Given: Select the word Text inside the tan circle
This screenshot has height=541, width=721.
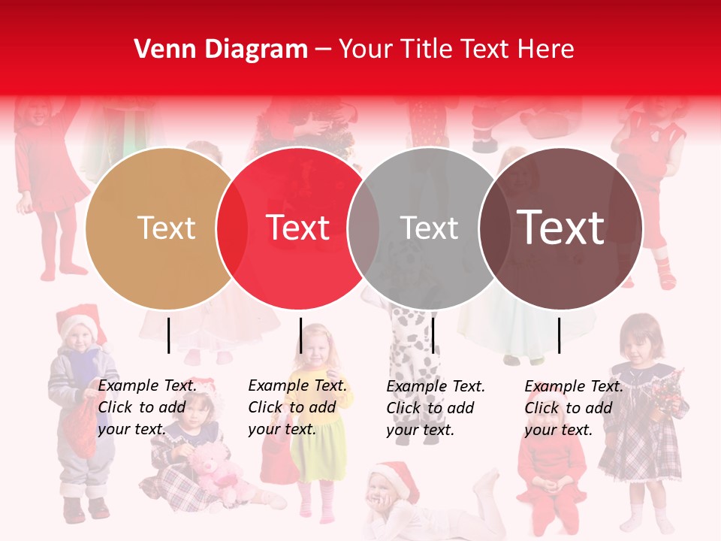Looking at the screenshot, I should (x=166, y=228).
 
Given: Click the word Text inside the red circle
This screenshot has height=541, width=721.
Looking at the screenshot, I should (x=298, y=228).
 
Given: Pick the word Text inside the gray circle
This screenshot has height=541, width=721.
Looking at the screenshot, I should (x=429, y=228).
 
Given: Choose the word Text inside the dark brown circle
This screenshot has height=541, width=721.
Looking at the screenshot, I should (x=561, y=228).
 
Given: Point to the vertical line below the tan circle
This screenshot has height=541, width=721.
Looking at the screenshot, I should (x=168, y=335).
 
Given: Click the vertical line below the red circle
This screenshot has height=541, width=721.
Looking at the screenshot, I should (x=300, y=335).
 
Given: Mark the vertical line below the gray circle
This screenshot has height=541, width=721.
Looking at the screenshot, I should (x=433, y=335).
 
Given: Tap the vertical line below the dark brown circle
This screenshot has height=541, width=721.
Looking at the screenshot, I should (x=559, y=335).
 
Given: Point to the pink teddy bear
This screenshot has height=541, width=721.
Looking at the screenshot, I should (x=213, y=470).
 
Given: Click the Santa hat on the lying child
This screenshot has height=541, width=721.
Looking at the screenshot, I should (x=396, y=476).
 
